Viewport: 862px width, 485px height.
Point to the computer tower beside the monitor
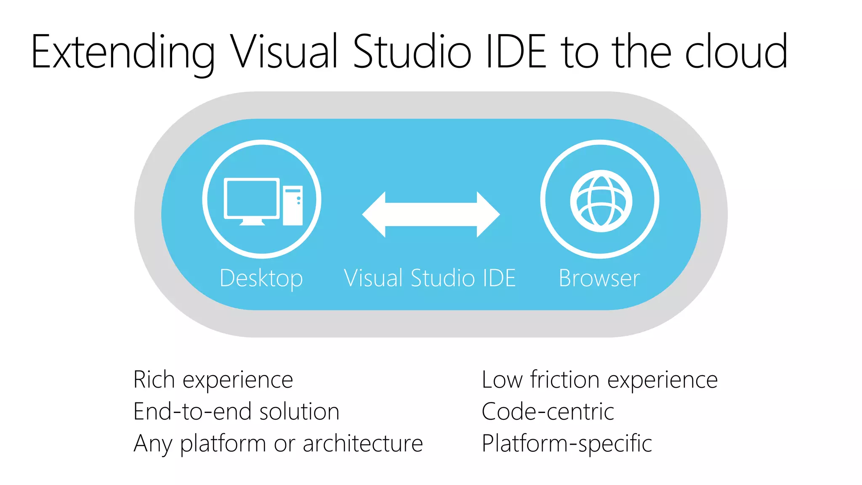coord(293,205)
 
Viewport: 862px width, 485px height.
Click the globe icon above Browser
coord(601,201)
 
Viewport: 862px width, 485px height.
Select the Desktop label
coord(261,279)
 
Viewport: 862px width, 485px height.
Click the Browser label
coord(599,278)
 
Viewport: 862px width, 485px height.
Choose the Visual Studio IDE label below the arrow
coord(430,278)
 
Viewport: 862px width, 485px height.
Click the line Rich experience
coord(213,380)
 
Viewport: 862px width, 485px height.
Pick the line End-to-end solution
coord(236,411)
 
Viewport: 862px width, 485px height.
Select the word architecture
coord(362,443)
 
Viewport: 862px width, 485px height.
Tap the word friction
coord(565,379)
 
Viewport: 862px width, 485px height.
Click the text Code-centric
coord(548,411)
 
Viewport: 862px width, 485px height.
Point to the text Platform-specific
coord(567,444)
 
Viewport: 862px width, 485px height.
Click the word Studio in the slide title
coord(412,51)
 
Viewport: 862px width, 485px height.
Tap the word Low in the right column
coord(502,379)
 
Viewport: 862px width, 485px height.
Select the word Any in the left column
coord(153,444)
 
